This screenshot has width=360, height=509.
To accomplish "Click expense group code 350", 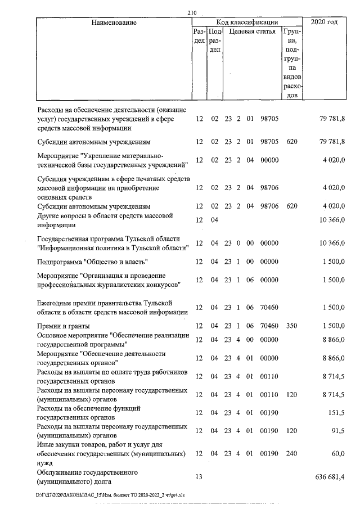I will point(291,326).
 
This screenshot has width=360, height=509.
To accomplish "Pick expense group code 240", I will point(291,453).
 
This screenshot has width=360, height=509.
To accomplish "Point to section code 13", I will point(198,477).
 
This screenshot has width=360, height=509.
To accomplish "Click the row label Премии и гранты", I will point(63,326).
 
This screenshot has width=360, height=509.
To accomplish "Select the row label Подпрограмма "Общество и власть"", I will point(92,262).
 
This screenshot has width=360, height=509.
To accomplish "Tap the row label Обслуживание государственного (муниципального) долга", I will point(87,477).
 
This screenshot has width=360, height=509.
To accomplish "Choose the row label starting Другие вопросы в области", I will point(104,220).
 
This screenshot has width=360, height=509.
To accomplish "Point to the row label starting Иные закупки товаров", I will point(111,453).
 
